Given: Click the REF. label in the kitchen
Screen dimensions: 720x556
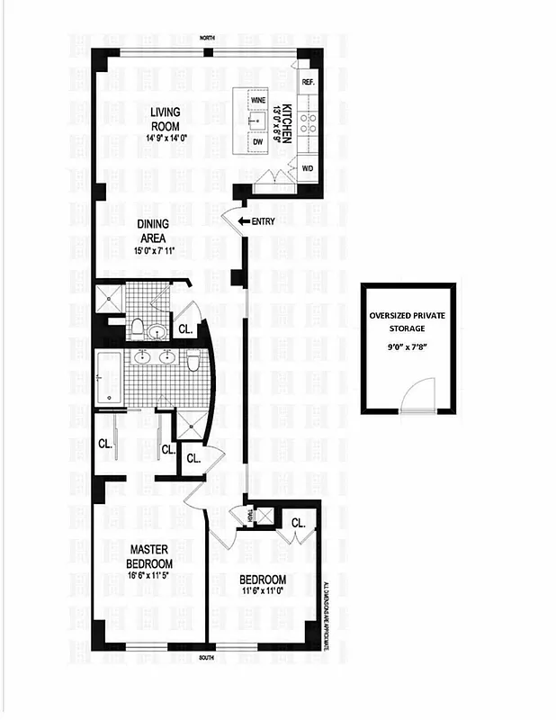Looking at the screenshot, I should pos(308,82).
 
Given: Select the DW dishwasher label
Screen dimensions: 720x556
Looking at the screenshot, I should pos(256,142).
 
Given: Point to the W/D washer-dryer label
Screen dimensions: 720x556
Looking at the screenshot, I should pos(306,168).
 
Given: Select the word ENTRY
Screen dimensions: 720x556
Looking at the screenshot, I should pos(264,220).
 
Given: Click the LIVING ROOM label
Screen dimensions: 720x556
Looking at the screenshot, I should pos(166,118).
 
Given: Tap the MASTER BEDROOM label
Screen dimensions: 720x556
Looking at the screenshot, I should pos(149,556).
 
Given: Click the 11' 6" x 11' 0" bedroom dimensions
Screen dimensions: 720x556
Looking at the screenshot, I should pos(263,591).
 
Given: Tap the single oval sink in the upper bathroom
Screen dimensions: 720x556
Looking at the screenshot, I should pos(158,331).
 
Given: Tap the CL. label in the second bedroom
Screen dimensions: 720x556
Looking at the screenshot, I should pos(298,522).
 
